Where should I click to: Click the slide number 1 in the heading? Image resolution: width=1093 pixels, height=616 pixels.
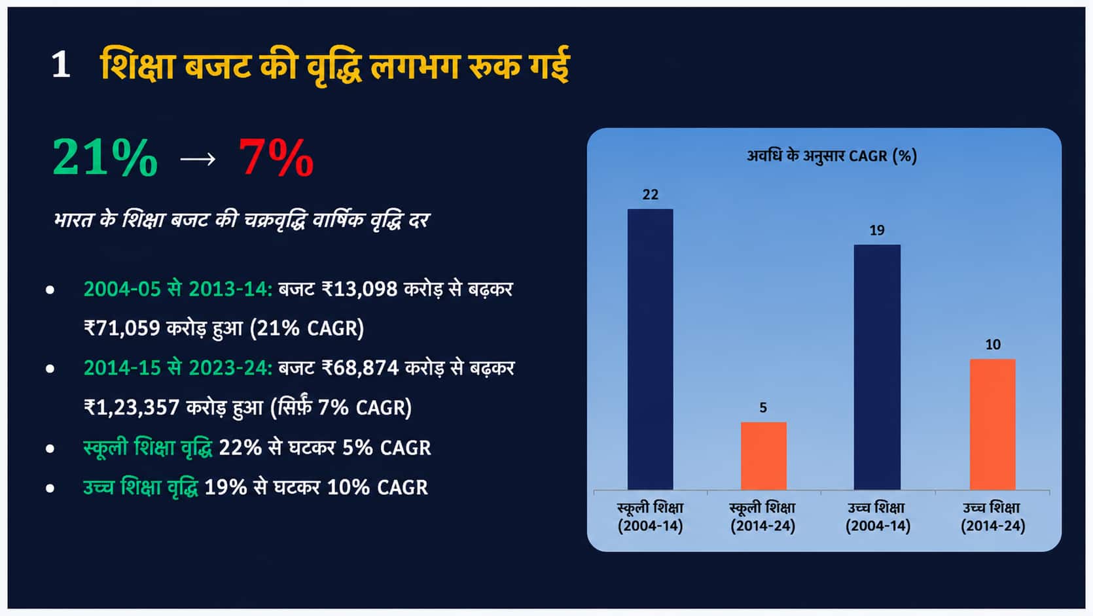pos(61,64)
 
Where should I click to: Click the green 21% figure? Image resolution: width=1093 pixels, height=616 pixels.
pos(105,157)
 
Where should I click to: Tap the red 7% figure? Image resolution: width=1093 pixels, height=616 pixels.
pos(276,157)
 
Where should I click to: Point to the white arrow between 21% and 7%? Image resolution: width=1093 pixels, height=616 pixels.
pos(198,159)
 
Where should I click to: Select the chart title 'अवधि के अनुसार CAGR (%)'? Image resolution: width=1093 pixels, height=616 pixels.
pos(832,156)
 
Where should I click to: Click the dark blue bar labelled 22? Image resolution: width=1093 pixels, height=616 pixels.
pos(650,349)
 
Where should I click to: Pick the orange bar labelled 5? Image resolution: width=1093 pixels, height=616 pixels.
pos(764,456)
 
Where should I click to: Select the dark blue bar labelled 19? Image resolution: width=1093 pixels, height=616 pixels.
pos(877,367)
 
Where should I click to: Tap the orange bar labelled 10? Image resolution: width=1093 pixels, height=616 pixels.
pos(992,424)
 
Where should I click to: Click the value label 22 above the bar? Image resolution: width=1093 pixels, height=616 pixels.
pos(651,195)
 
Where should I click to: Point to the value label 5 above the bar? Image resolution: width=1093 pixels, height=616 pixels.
pos(763,407)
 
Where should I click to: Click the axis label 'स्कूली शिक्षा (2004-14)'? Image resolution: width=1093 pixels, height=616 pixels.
pos(651,517)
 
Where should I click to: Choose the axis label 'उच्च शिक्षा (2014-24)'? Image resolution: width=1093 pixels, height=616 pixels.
pos(992,517)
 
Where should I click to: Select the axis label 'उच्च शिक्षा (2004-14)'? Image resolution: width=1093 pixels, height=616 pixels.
pos(877,517)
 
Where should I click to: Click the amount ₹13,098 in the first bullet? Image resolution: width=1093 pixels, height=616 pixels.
pos(359,290)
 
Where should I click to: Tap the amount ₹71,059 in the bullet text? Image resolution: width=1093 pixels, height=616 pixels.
pos(122,328)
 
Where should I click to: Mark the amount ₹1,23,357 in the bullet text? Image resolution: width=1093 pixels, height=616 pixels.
pos(132,407)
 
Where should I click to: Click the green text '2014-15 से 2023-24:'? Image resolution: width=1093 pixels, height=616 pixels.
pos(178,368)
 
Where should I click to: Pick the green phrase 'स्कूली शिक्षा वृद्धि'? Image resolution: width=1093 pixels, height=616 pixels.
pos(148,447)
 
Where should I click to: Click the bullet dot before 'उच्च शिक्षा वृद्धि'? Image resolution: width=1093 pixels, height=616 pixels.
pos(50,488)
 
